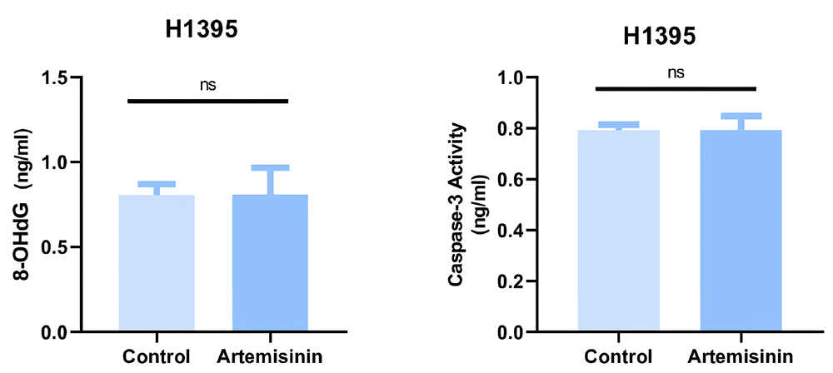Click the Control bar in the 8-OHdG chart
pos(157,263)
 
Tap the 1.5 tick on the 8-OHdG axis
pos(56,77)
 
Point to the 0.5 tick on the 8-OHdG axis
pos(56,247)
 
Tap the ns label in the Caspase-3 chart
pos(676,72)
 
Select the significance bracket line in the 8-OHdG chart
pos(207,101)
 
